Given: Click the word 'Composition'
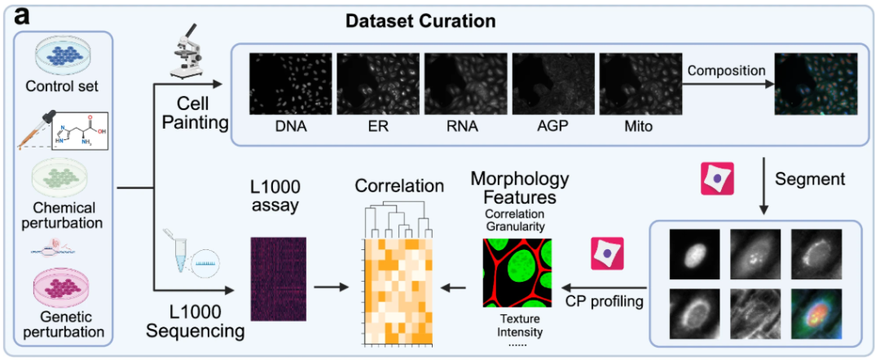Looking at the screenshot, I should pyautogui.click(x=724, y=71).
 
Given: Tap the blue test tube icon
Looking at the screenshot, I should pyautogui.click(x=184, y=256).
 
